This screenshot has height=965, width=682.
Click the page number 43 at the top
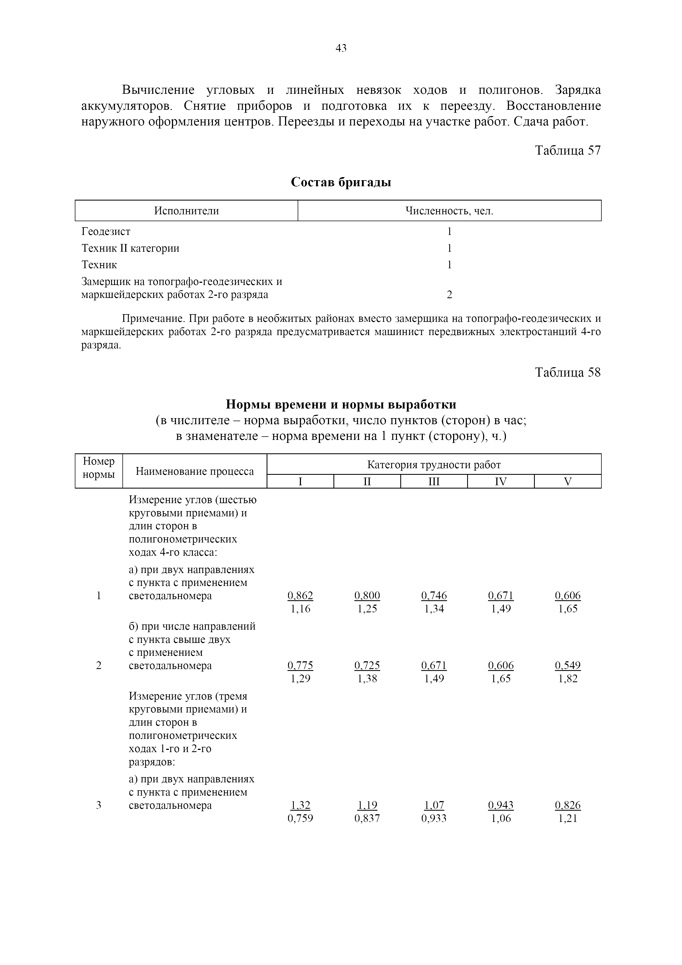pos(341,48)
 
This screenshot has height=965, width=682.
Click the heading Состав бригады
pos(341,182)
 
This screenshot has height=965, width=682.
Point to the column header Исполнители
pos(186,210)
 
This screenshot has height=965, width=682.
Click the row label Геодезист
pos(106,232)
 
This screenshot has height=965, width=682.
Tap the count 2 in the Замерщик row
pos(449,295)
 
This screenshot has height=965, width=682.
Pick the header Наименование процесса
pos(195,471)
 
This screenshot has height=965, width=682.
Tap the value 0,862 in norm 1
pos(300,596)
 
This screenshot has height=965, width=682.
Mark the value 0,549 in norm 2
pos(568,665)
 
